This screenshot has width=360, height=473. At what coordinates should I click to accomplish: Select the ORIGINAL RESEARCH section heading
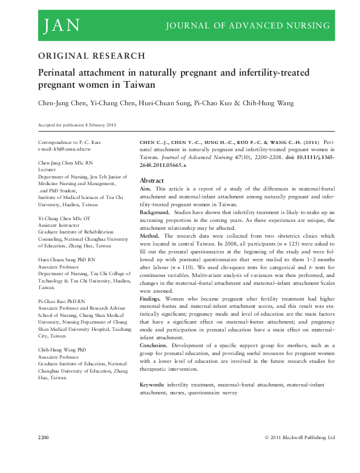91,56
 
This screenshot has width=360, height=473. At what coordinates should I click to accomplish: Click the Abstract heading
152,180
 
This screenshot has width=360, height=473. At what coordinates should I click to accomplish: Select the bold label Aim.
146,189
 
